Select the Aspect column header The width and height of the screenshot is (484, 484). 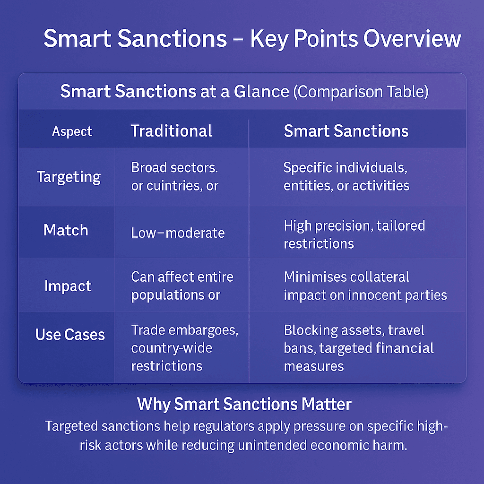72,132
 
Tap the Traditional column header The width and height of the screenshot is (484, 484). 171,131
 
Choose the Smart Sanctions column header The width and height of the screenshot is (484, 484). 346,131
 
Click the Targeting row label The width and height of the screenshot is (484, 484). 69,177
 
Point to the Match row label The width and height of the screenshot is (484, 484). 66,230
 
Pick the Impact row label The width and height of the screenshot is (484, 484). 68,286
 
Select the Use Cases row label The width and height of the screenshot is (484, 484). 70,335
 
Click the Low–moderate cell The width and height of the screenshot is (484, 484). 178,233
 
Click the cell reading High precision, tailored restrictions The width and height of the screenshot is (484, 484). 354,234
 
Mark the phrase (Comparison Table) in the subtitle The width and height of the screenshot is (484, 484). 361,91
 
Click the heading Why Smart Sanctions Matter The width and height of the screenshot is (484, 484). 244,405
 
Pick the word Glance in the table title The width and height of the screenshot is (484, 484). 261,91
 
